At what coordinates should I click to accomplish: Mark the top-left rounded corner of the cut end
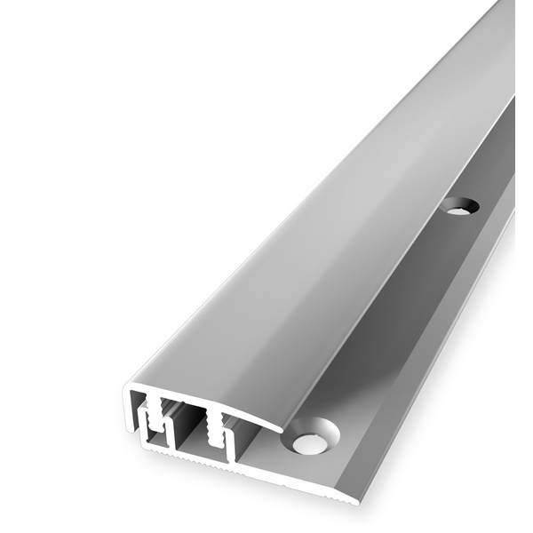pos(129,389)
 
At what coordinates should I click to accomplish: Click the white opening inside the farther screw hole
pos(457,210)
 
